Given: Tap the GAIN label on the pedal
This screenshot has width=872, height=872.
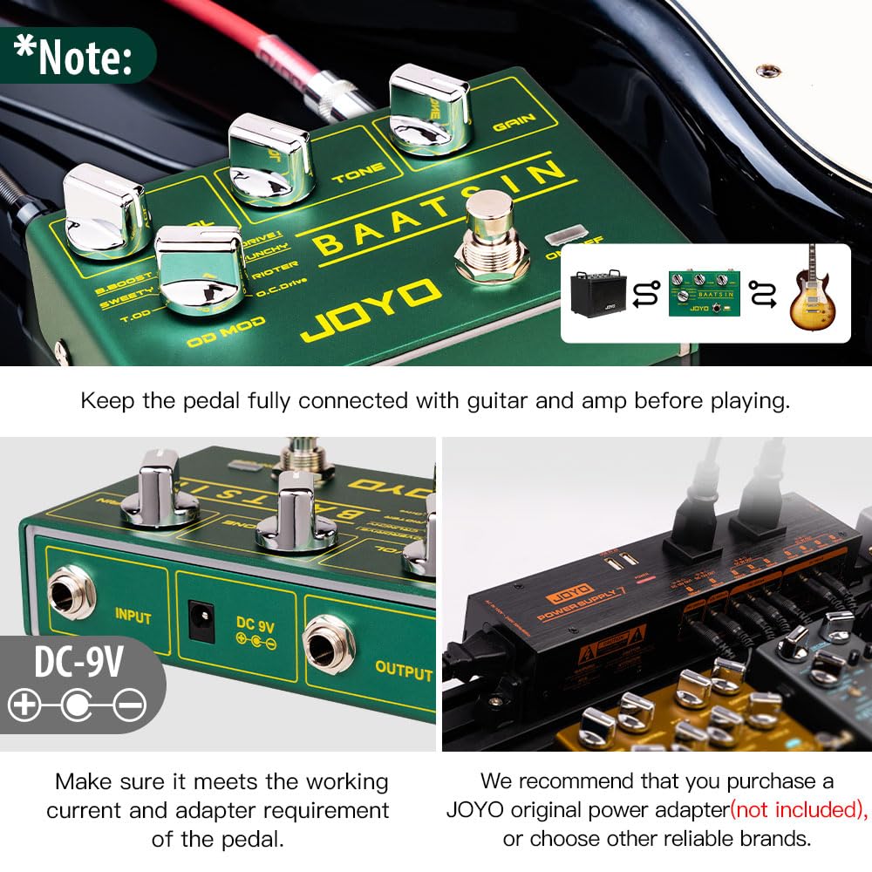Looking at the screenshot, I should pos(514,123).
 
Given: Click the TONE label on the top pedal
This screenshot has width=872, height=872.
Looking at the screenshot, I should pos(352,177).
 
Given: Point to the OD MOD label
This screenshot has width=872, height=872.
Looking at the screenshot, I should pos(227,334).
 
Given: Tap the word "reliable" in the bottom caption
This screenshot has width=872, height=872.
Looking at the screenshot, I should pos(696,839).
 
